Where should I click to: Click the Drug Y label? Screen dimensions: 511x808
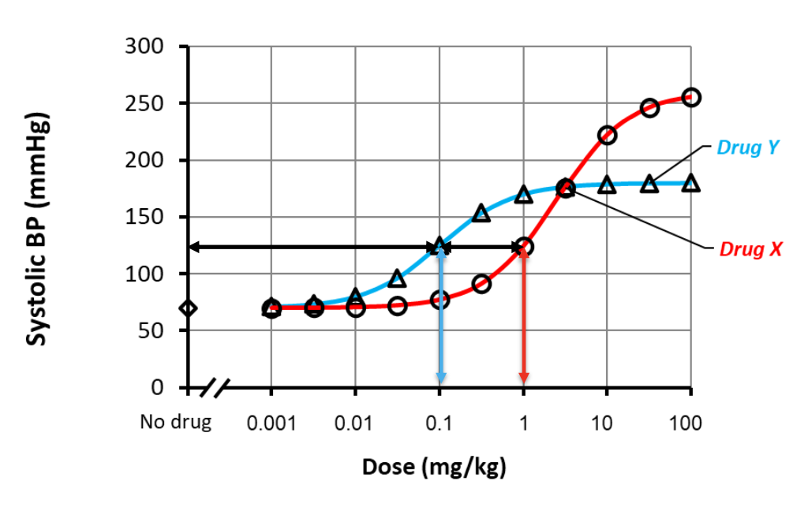click(x=749, y=147)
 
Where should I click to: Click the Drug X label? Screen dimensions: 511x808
click(x=750, y=249)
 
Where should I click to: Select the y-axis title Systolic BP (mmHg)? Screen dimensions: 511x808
click(x=37, y=229)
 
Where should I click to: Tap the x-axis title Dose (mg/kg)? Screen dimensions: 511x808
click(x=434, y=467)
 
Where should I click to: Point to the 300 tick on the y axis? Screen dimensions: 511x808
click(x=144, y=47)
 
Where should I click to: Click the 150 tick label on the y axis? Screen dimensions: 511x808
click(x=144, y=217)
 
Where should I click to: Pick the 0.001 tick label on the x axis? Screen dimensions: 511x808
click(x=271, y=423)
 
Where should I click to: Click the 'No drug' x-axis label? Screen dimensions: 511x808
click(x=176, y=422)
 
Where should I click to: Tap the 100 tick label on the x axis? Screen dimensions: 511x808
click(x=686, y=423)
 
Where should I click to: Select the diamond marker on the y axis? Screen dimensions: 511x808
click(x=188, y=308)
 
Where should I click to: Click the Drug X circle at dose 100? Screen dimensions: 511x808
click(x=691, y=97)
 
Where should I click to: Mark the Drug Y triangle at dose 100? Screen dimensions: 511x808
click(x=691, y=183)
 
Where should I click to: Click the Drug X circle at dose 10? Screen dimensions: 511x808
click(x=607, y=135)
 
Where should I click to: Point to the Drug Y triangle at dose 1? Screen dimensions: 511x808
click(x=523, y=194)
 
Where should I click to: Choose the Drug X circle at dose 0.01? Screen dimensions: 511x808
click(x=355, y=307)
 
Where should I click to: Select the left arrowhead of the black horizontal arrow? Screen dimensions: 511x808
click(x=194, y=248)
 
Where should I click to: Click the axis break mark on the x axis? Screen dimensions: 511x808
click(x=215, y=388)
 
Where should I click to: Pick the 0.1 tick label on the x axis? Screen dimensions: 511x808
click(x=439, y=423)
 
